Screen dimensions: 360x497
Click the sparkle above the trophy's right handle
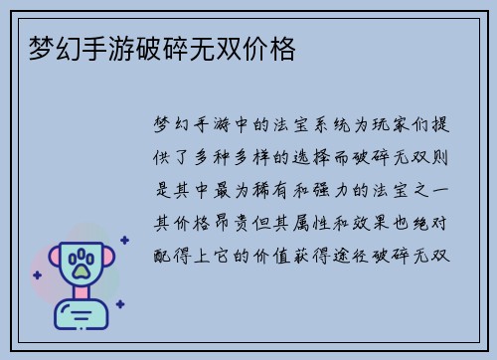(x=123, y=240)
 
